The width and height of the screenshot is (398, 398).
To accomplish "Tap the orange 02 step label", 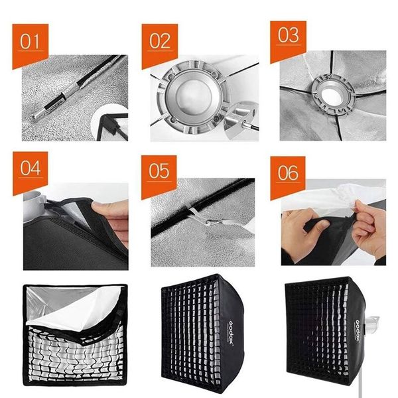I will (159, 41).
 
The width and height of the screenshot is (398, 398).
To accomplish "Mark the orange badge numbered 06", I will (287, 173).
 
